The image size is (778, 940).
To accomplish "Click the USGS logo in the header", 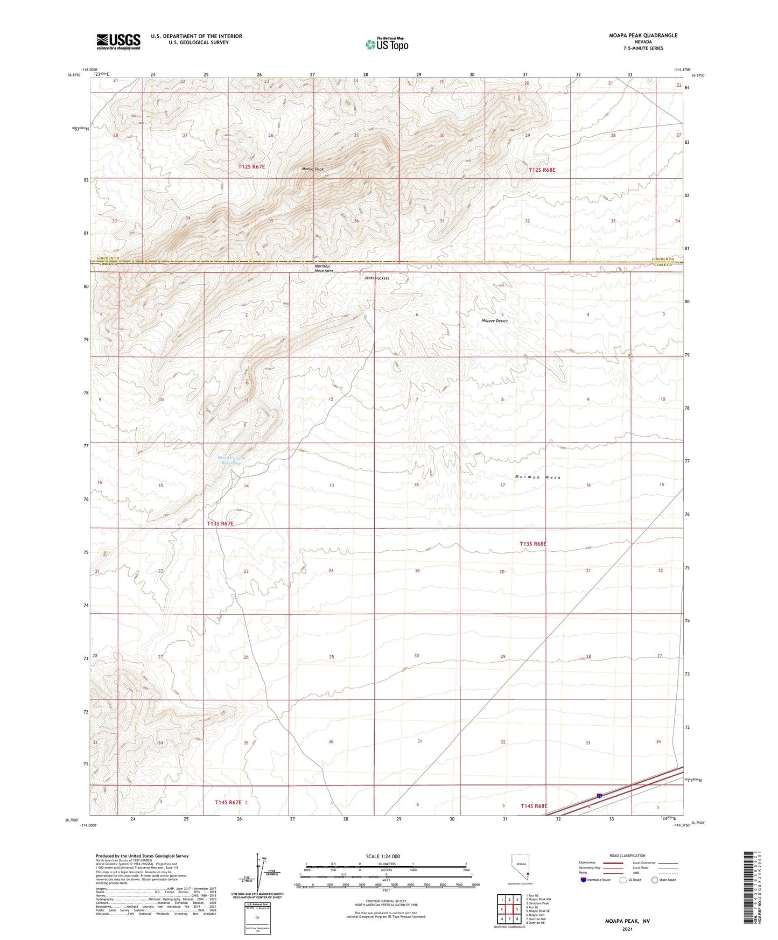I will [118, 41].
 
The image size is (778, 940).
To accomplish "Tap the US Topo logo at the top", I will [387, 44].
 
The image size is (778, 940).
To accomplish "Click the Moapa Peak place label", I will [312, 169].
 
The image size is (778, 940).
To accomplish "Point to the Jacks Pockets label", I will [376, 278].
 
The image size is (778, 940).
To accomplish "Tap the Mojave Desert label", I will [494, 321].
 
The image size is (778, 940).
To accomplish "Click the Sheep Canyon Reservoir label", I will [232, 461].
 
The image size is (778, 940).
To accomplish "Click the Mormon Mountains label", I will [324, 268].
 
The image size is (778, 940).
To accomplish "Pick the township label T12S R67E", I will [252, 167].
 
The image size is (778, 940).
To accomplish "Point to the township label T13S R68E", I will [533, 544].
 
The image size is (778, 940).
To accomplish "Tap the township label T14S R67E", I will [229, 802].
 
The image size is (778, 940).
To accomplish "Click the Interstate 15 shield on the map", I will [599, 796].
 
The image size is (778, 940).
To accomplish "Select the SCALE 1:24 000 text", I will [383, 857].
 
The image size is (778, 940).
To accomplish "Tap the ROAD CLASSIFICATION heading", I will [627, 855].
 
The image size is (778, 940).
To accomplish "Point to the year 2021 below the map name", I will [627, 929].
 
